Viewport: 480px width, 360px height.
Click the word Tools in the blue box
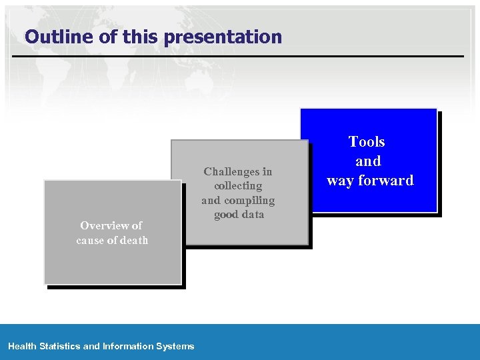point(367,141)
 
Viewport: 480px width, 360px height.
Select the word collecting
point(238,185)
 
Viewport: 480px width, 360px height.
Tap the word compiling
point(250,200)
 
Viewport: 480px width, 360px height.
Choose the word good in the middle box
point(227,214)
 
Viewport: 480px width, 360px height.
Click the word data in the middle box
point(253,214)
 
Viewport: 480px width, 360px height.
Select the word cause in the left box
point(91,240)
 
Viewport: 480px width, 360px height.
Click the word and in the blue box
point(368,161)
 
